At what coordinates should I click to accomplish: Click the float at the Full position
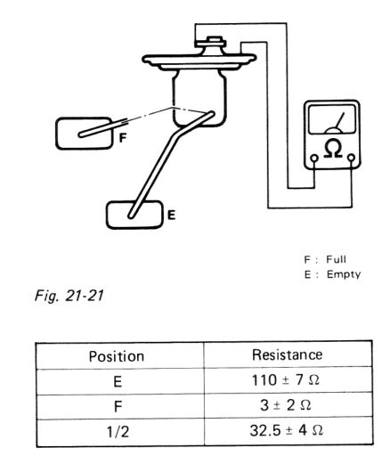click(85, 134)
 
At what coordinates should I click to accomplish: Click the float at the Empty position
click(134, 215)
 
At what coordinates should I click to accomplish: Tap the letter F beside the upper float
click(123, 138)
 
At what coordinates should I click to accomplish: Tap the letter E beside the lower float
click(172, 215)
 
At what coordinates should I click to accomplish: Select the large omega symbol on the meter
click(333, 148)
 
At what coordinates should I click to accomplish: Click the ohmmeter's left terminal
click(314, 159)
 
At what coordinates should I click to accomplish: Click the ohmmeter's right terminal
click(352, 158)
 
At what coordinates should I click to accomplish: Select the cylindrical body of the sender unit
click(199, 98)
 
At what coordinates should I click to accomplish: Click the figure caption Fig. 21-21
click(69, 296)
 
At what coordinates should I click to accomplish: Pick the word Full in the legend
click(337, 259)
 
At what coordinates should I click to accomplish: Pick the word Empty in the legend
click(344, 274)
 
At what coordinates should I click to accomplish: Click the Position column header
click(117, 356)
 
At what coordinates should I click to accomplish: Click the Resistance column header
click(287, 354)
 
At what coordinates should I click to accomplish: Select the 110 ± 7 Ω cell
click(286, 380)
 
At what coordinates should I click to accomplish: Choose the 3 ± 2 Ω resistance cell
click(286, 405)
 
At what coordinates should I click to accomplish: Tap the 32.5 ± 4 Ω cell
click(286, 430)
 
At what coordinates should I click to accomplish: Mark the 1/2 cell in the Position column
click(118, 432)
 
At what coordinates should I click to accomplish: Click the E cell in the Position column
click(118, 381)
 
